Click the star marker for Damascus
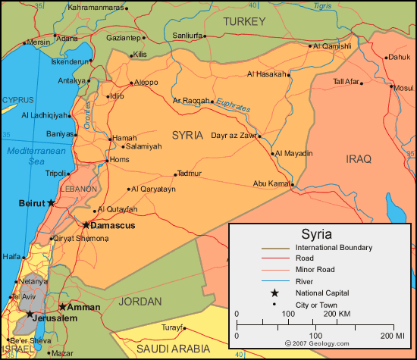(86, 225)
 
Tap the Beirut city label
(31, 203)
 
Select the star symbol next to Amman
(62, 307)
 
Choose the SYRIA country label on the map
(187, 135)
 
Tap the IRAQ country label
(359, 158)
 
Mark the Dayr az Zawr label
(233, 136)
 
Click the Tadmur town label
(189, 174)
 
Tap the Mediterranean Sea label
(27, 155)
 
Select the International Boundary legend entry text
(334, 247)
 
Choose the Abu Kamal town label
(271, 183)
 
